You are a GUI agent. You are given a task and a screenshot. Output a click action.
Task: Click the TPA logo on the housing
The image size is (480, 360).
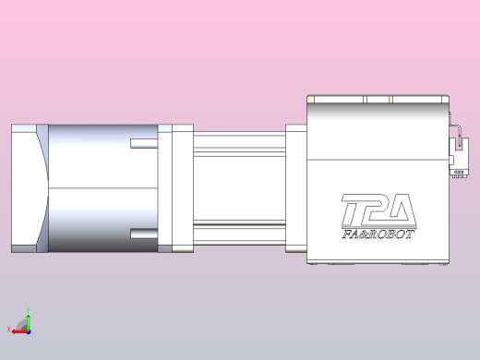coord(378,211)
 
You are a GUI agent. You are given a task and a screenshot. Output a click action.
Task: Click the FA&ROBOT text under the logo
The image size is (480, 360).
coord(378,234)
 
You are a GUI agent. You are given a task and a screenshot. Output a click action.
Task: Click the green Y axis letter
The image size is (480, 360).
coord(27,311)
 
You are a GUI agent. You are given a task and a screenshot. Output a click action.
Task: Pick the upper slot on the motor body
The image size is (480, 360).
coord(143,143)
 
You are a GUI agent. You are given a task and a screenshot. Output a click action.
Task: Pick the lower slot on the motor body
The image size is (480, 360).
coord(143,232)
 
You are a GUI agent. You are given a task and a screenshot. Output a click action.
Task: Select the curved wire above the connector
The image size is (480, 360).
coord(453,128)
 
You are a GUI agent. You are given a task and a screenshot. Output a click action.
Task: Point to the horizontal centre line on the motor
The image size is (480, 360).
coord(102,188)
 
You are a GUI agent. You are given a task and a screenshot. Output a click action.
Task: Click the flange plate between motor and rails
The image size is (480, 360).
coord(181,188)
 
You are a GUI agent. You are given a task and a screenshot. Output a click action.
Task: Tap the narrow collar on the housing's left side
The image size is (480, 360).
coord(296,188)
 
